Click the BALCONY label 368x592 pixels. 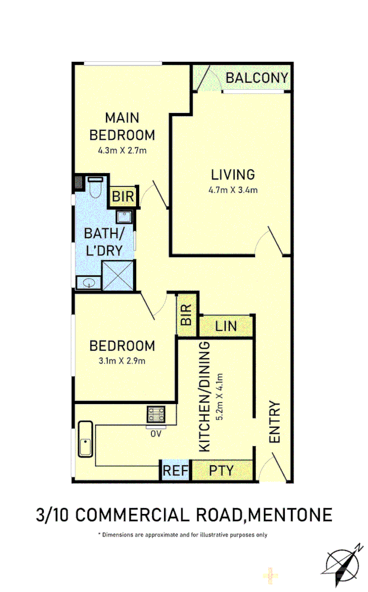257,78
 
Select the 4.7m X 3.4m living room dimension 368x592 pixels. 233,190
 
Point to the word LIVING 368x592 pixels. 233,174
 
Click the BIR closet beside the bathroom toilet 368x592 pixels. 123,196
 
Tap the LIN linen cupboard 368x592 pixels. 226,326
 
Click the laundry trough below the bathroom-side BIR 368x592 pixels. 125,216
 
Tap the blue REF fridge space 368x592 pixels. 175,471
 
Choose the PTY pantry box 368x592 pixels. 222,471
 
